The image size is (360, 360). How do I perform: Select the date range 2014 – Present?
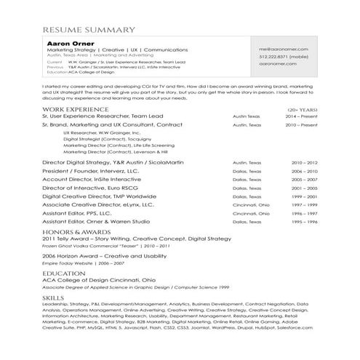pos(303,116)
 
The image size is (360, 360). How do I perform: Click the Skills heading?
pos(54,298)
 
